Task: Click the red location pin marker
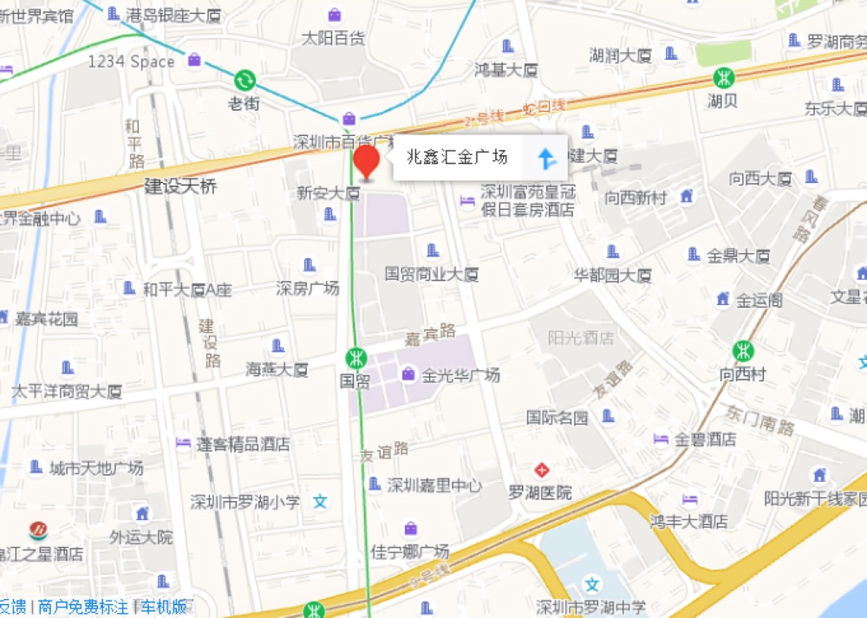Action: [x=367, y=162]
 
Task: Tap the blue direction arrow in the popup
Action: [x=546, y=158]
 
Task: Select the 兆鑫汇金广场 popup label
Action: [x=457, y=158]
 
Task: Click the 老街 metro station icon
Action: [x=244, y=81]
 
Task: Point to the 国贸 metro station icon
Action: [x=355, y=357]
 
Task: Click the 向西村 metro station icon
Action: [x=743, y=351]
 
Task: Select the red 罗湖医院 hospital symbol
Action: [x=542, y=471]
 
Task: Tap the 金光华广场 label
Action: [x=460, y=375]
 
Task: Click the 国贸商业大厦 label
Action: [x=432, y=274]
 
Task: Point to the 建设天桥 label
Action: [x=180, y=186]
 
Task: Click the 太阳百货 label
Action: [x=333, y=38]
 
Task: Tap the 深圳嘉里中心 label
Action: [x=434, y=485]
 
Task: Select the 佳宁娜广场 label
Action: [x=410, y=551]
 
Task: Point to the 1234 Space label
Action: [x=131, y=62]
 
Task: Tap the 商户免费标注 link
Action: [x=83, y=608]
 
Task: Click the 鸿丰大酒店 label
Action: [x=689, y=521]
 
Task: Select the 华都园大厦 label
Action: [x=612, y=276]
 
